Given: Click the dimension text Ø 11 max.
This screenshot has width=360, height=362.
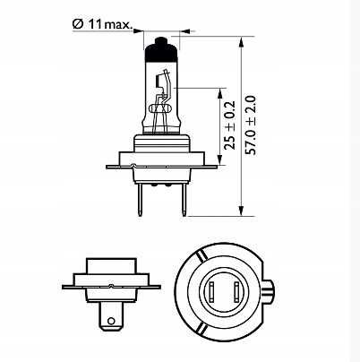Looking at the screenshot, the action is (x=102, y=24).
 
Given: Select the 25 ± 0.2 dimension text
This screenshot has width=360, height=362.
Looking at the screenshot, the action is (x=230, y=125).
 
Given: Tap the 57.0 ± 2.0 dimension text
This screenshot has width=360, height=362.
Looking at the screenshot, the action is (x=251, y=125).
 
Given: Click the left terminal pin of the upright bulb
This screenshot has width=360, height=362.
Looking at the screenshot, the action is (x=140, y=199).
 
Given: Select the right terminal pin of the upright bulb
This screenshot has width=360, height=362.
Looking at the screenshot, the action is (x=184, y=199).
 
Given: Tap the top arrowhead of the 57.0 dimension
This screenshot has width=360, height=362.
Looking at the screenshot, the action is (x=242, y=41).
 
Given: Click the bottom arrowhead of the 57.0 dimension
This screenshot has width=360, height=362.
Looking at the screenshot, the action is (x=242, y=211).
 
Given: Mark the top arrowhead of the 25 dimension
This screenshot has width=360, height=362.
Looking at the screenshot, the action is (x=220, y=93).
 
